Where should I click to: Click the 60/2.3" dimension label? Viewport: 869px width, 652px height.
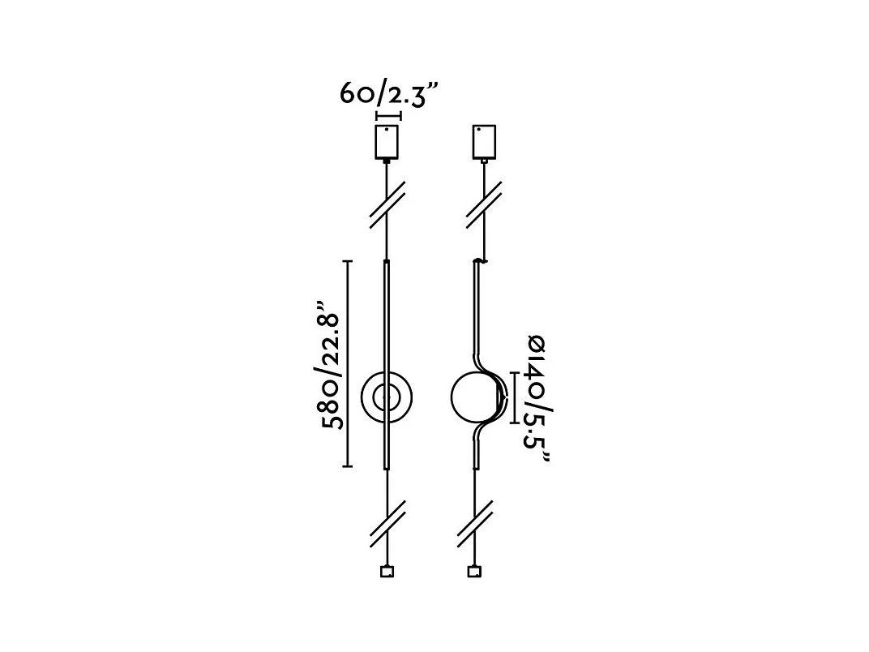tap(388, 93)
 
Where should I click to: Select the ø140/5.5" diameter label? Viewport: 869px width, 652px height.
tap(537, 399)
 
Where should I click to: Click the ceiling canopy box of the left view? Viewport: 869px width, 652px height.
tap(387, 143)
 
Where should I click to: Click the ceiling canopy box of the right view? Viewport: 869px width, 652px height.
tap(483, 143)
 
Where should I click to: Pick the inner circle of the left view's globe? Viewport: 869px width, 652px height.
tap(387, 397)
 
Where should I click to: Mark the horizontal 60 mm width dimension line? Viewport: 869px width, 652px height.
tap(387, 116)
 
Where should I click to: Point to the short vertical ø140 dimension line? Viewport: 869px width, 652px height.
tap(516, 397)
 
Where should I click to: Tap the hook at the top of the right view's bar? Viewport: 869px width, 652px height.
tap(481, 260)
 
